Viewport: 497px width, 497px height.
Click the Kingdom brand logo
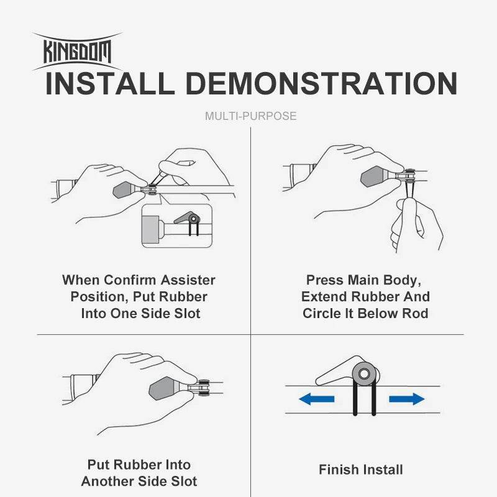tap(77, 52)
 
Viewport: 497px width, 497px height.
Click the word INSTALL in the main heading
tap(110, 84)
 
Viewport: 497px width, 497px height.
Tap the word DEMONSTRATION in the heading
tap(321, 84)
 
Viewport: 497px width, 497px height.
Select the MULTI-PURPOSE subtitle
tap(251, 116)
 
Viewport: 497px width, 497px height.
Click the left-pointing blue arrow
tap(316, 398)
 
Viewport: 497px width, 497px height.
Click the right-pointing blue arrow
tap(407, 398)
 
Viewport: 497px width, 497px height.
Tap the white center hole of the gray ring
tap(365, 374)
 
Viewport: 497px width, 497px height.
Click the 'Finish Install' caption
tap(361, 470)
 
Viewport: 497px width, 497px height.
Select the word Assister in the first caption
tap(188, 280)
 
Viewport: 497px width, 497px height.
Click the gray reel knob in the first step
tap(124, 189)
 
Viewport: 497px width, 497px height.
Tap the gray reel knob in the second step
tap(373, 176)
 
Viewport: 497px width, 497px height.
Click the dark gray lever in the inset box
tap(186, 218)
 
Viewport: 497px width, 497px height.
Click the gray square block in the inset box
tap(150, 229)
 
